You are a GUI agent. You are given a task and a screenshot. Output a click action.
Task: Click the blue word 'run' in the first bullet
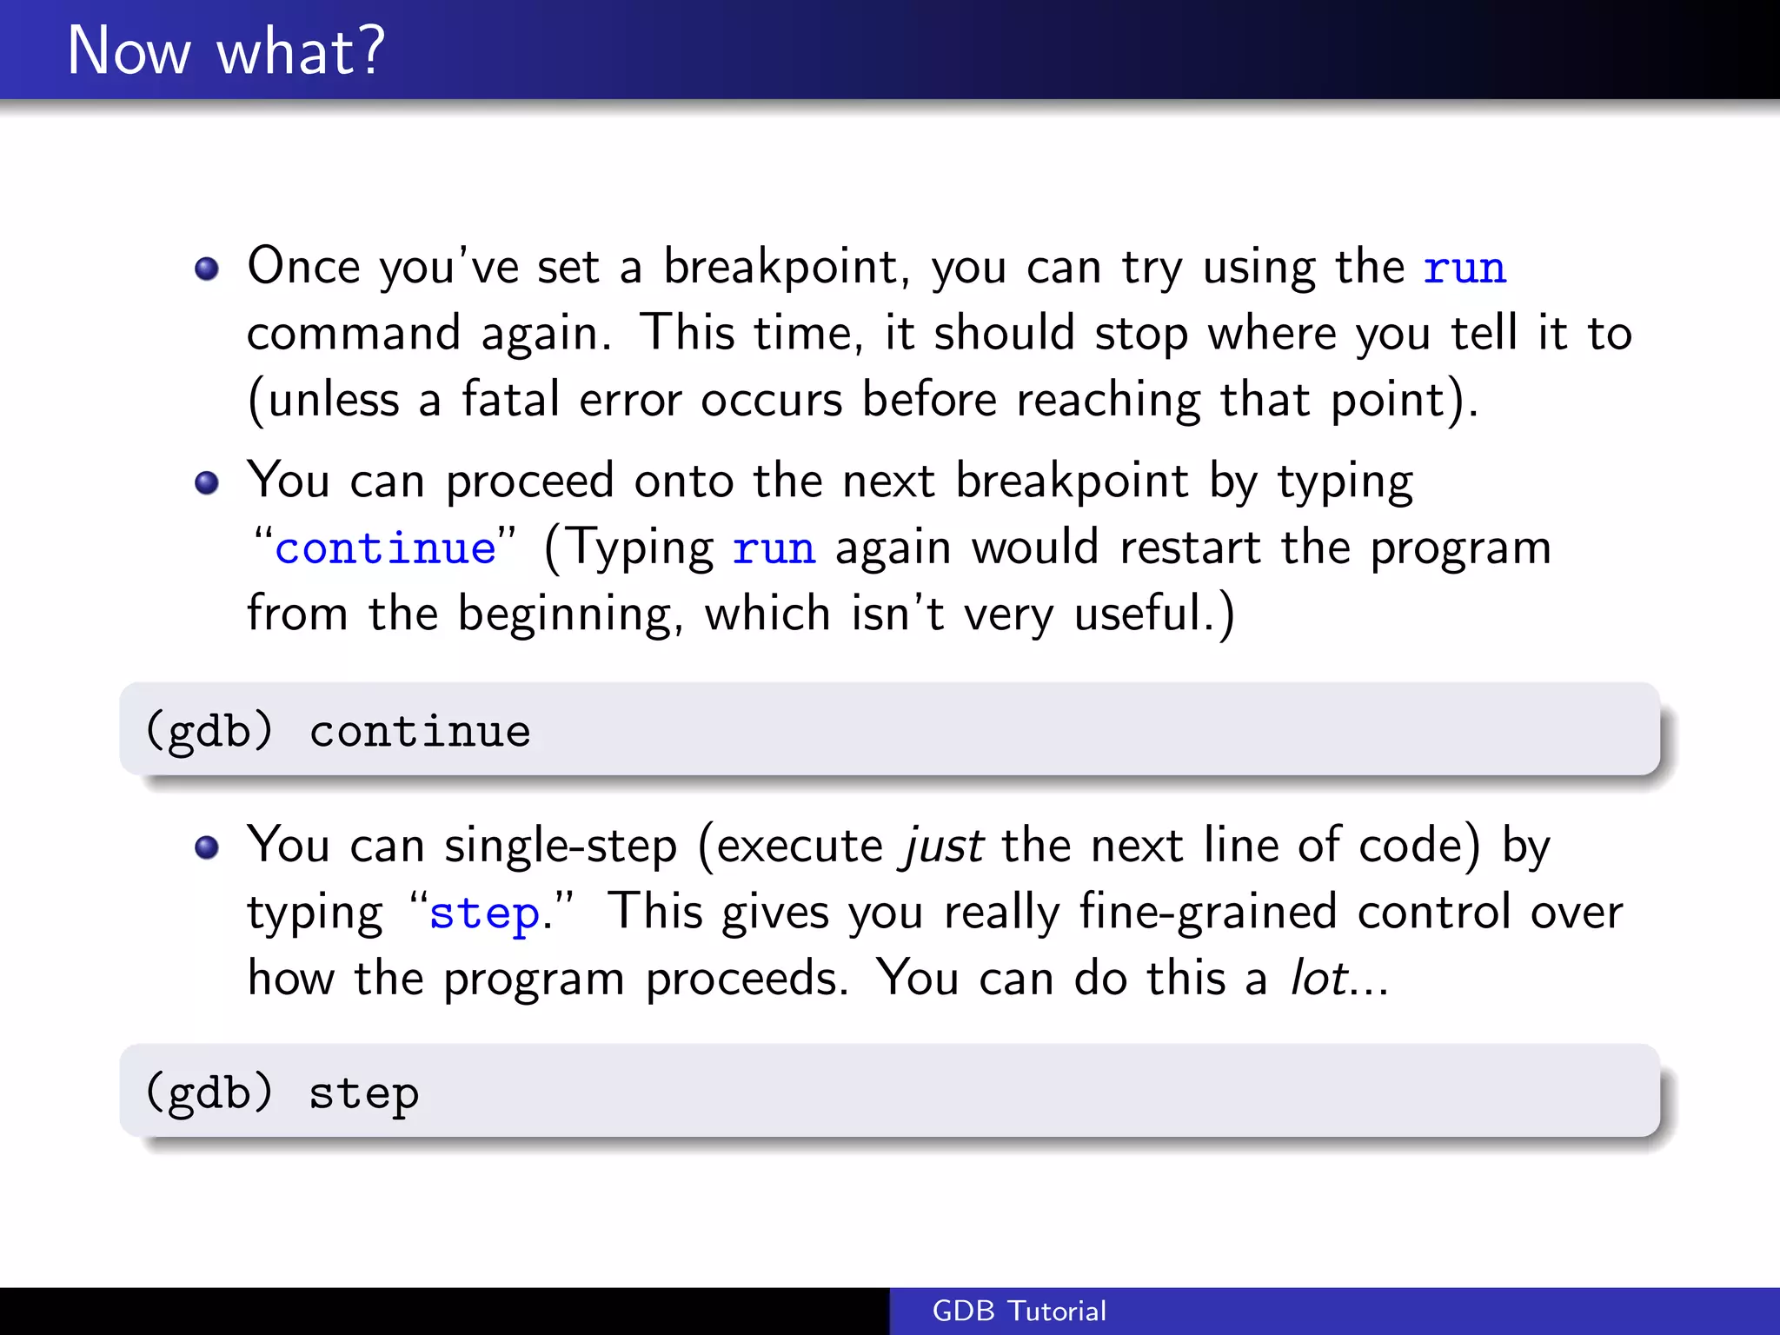coord(1465,268)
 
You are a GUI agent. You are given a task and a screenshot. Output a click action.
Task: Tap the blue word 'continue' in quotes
coord(385,548)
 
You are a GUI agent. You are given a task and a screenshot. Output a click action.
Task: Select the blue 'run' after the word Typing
coord(774,548)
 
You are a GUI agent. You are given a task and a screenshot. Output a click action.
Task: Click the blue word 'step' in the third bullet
coord(484,914)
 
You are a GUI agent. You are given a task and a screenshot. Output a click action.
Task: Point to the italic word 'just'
coord(944,846)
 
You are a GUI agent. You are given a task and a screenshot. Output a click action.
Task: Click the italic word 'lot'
coord(1318,979)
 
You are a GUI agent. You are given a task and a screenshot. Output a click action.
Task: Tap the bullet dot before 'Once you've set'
coord(207,269)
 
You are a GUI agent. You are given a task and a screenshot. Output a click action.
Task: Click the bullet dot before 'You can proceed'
coord(207,482)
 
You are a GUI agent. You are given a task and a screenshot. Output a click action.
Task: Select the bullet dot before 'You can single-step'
coord(207,847)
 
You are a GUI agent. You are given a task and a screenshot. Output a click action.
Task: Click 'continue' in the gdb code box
coord(420,731)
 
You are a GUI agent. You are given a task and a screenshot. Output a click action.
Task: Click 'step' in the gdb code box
coord(364,1093)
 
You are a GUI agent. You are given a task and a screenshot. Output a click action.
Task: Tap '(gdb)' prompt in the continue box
coord(209,730)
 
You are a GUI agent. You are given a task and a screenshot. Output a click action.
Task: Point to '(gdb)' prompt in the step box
coord(209,1093)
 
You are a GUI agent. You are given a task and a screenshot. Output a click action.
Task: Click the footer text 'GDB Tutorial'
coord(1019,1311)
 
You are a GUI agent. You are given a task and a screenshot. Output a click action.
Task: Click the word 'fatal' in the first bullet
coord(510,401)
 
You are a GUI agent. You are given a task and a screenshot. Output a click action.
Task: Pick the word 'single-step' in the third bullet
coord(561,847)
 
